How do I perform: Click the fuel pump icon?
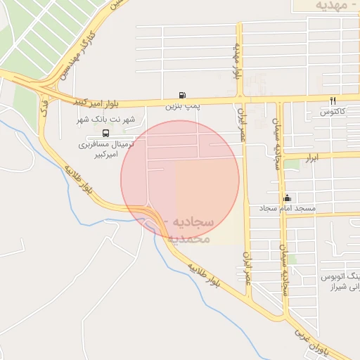[x=183, y=95]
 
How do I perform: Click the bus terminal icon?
[x=105, y=132]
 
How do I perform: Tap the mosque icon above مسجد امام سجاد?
[x=287, y=198]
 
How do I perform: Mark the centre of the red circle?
[x=180, y=179]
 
